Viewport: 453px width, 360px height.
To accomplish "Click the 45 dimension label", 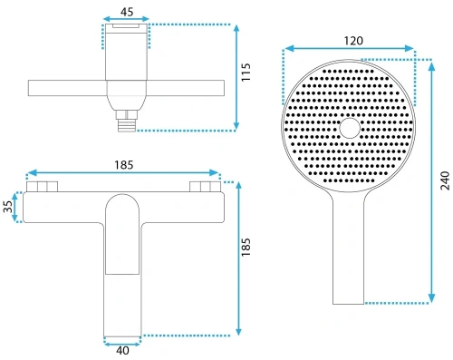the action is (127, 12).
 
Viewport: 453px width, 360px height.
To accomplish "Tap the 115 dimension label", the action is (246, 72).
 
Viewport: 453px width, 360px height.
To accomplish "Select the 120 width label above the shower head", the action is (353, 41).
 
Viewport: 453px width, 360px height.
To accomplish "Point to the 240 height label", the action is (445, 180).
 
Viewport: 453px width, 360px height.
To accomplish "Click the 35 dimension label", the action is (8, 207).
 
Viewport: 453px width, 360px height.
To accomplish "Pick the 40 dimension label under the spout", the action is (122, 351).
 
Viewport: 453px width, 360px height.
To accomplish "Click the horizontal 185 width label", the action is (123, 165).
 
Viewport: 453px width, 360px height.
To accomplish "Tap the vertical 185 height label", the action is (246, 248).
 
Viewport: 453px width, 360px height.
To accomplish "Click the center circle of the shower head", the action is (350, 128).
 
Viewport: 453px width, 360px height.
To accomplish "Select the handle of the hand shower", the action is (349, 248).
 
